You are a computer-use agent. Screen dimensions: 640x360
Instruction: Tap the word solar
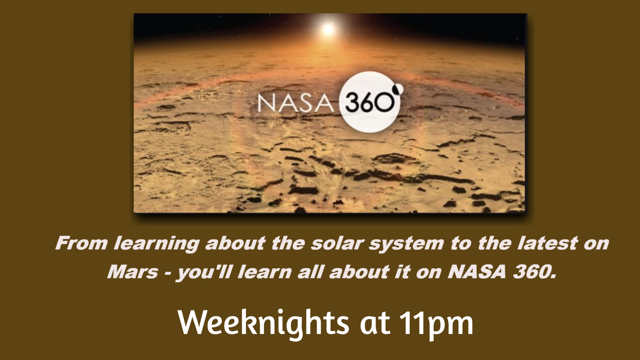tap(336, 243)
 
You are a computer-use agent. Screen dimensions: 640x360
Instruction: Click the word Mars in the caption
tap(133, 272)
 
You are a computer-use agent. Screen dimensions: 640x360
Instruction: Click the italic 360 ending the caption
tap(535, 272)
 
